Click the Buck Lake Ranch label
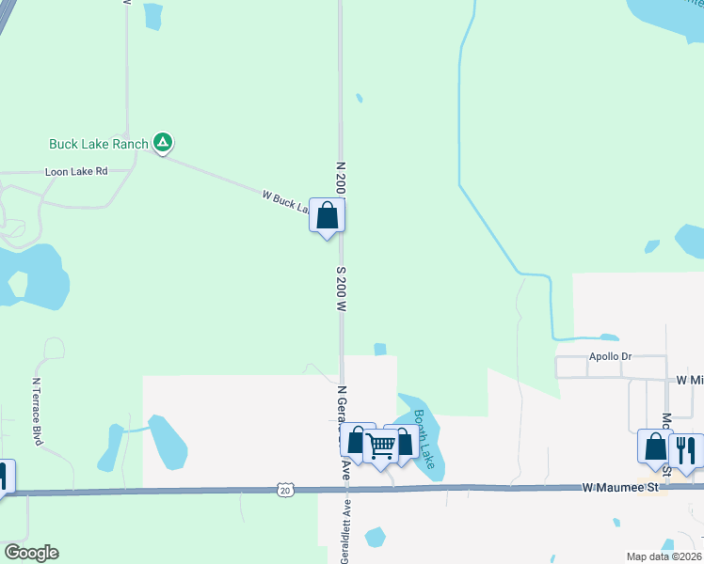99,144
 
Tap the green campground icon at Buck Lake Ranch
163,143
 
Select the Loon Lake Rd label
76,172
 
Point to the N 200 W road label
341,176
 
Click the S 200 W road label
341,288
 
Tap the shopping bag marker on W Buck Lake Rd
327,215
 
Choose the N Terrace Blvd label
39,411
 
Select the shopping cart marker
380,446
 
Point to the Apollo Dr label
609,358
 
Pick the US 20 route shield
285,490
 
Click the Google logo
31,553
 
